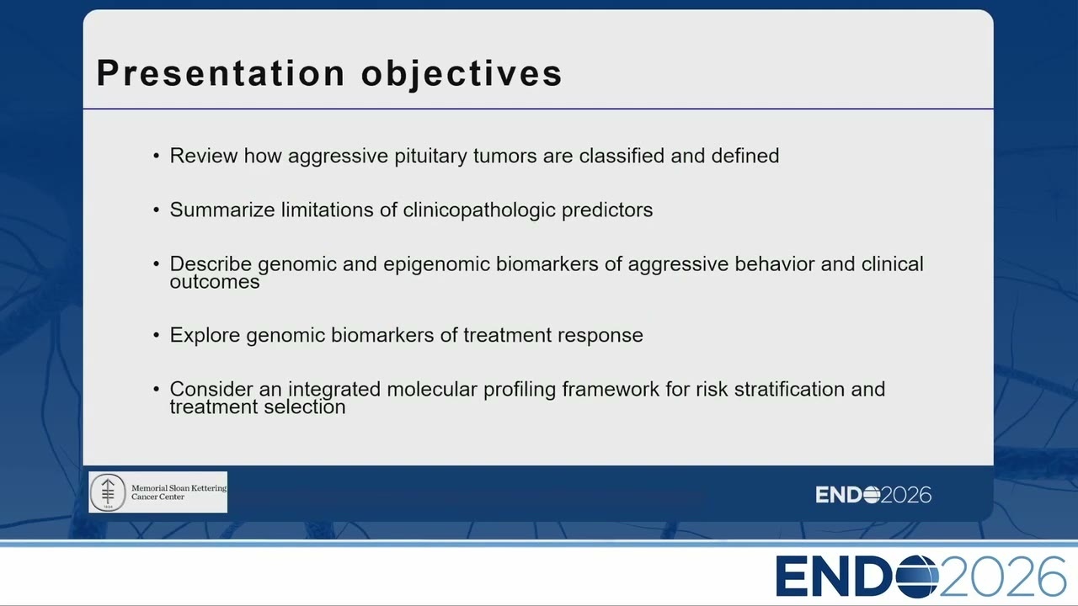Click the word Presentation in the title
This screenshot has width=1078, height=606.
click(221, 73)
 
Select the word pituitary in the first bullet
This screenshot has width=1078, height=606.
click(430, 157)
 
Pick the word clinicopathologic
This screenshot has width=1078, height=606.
click(479, 210)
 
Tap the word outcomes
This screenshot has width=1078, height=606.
click(215, 282)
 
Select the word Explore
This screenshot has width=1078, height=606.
click(205, 336)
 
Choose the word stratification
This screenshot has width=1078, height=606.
click(789, 389)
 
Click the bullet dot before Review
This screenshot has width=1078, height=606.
click(156, 156)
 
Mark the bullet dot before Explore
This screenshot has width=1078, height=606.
click(156, 335)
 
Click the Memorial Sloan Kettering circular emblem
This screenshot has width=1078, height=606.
click(108, 492)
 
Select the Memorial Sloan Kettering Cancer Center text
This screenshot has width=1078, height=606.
click(179, 492)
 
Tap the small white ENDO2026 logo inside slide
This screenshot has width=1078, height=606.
click(873, 495)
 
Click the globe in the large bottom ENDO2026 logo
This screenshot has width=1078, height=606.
click(917, 576)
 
